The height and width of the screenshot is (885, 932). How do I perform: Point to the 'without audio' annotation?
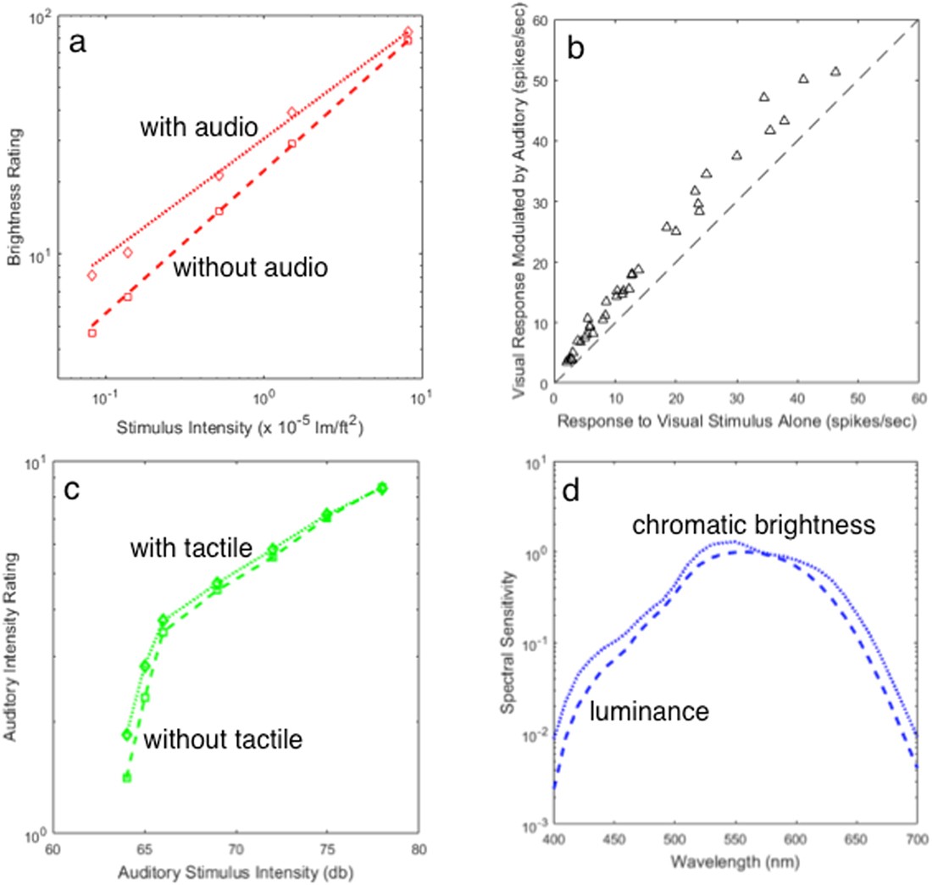click(250, 269)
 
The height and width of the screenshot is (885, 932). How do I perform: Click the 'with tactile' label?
click(191, 549)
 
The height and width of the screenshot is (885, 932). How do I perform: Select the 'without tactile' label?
click(223, 739)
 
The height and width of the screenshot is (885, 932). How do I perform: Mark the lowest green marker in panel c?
click(127, 776)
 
